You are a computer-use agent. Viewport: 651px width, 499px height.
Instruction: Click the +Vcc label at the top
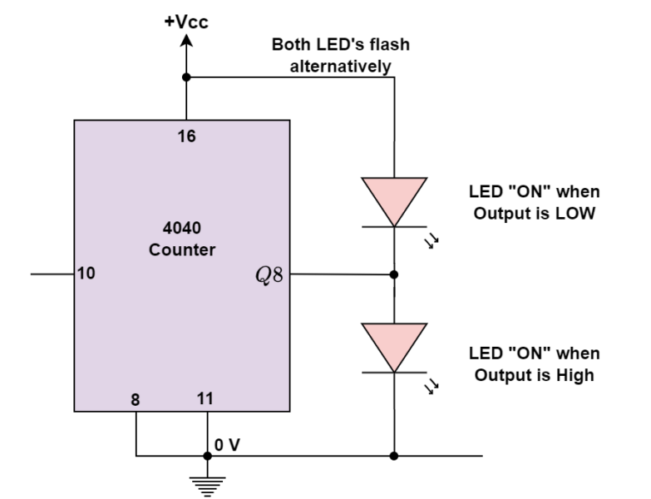(186, 22)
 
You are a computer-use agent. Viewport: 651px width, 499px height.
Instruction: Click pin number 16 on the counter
(186, 136)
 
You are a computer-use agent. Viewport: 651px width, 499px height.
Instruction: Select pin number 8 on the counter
(135, 399)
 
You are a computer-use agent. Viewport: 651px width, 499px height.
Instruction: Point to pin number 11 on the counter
(205, 399)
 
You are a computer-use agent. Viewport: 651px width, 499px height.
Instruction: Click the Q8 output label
(270, 274)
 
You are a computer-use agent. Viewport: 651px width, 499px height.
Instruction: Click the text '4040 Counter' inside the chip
(182, 238)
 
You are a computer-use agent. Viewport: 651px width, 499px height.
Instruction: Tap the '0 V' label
(227, 445)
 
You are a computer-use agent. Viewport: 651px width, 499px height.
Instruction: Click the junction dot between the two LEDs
(393, 274)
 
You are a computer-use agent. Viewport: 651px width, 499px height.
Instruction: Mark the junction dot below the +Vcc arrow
(186, 77)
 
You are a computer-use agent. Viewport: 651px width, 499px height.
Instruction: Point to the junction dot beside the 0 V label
(207, 456)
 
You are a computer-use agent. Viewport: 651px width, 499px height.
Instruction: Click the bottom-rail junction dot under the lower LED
(393, 456)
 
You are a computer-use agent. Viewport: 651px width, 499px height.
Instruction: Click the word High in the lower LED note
(575, 375)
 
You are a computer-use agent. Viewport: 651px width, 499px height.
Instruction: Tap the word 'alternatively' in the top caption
(341, 67)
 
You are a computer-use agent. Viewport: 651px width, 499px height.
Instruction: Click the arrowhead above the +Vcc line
(186, 41)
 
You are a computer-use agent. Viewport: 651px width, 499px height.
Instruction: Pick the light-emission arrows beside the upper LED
(432, 241)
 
